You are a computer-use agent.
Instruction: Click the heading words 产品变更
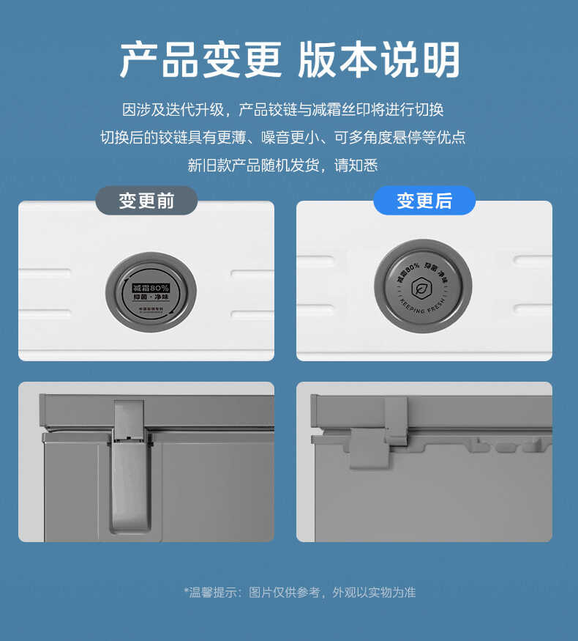[x=200, y=60]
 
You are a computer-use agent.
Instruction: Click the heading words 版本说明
[x=378, y=60]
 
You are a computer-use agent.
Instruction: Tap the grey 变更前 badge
[x=146, y=201]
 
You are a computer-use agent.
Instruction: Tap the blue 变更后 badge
[x=424, y=201]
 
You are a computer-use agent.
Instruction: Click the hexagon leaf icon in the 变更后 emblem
[x=422, y=286]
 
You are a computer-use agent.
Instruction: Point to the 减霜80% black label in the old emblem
[x=151, y=287]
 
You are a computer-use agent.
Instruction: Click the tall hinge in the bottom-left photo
[x=131, y=469]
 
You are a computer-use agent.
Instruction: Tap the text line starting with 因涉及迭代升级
[x=282, y=110]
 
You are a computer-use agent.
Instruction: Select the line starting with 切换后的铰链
[x=282, y=138]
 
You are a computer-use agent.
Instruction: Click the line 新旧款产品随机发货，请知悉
[x=282, y=166]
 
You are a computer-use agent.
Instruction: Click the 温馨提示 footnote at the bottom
[x=299, y=593]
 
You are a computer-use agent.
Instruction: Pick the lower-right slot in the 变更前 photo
[x=252, y=314]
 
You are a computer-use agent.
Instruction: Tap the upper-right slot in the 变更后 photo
[x=532, y=260]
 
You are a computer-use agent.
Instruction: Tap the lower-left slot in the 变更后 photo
[x=315, y=308]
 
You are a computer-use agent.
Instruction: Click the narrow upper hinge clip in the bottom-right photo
[x=396, y=420]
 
